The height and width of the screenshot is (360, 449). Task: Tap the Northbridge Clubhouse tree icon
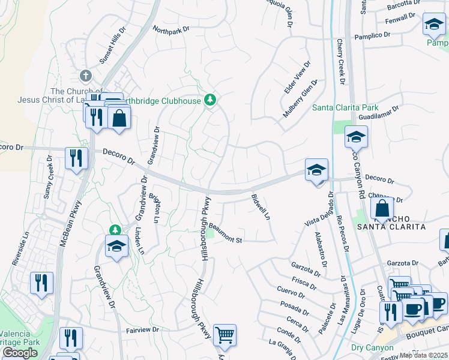point(209,100)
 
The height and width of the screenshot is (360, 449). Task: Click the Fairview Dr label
point(142,329)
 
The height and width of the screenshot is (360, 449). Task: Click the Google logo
point(20,353)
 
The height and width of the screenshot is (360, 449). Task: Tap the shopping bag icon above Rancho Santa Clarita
point(382,208)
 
